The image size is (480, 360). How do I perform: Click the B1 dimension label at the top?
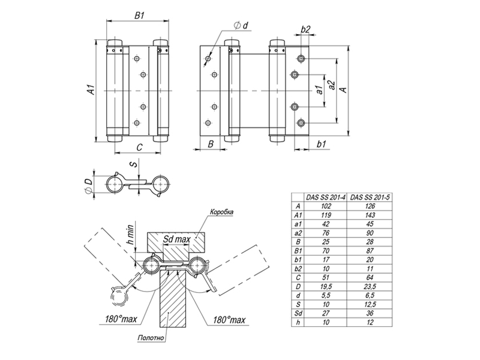pos(140,16)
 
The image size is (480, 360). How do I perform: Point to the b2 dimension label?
pos(305,29)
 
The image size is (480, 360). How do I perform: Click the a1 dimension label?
pos(319,90)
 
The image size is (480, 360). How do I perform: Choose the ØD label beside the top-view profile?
pos(88,186)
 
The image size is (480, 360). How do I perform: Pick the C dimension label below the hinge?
pos(139,148)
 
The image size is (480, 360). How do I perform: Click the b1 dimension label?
pos(321,144)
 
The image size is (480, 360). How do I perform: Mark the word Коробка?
pos(221,212)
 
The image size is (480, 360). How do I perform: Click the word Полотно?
pos(151,338)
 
